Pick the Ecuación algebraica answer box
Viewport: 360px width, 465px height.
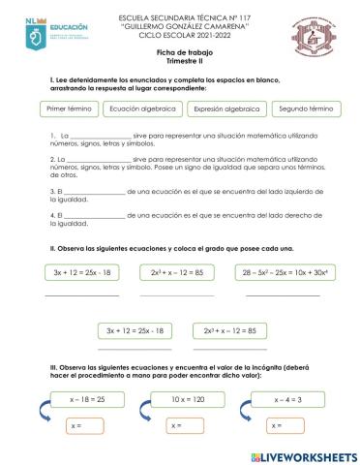142,110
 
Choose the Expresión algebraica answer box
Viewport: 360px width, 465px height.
224,110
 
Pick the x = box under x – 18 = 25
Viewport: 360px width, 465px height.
87,425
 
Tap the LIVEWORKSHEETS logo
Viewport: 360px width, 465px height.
297,454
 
